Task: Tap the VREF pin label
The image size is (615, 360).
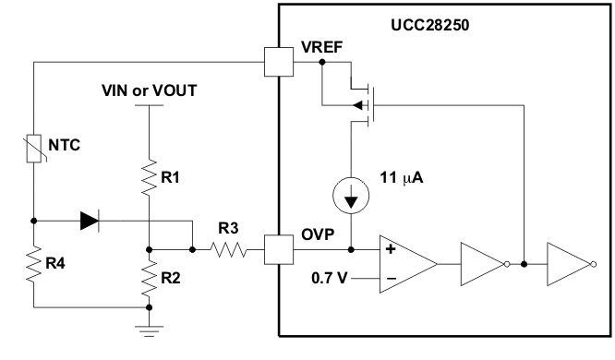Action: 320,47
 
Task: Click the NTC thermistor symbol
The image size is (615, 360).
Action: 33,148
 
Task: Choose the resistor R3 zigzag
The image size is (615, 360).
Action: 228,249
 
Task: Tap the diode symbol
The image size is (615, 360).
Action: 90,221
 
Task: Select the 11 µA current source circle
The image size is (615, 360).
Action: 351,197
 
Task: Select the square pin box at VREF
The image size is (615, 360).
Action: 278,62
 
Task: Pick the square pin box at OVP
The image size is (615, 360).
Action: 278,249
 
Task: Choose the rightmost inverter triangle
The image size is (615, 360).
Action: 566,263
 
